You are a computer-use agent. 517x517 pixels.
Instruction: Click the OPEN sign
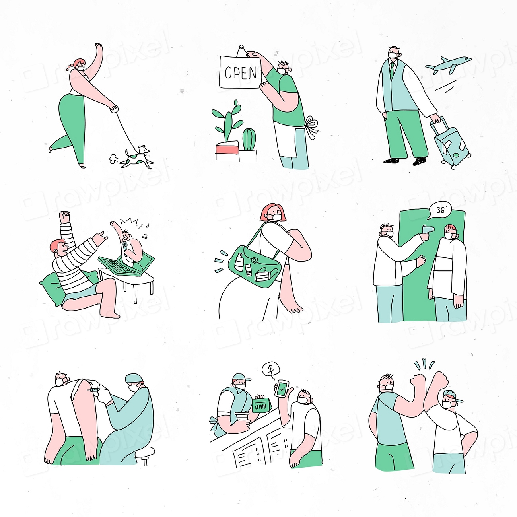click(240, 72)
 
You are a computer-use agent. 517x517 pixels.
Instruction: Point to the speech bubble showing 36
click(441, 210)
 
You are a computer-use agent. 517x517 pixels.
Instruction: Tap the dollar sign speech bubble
click(271, 370)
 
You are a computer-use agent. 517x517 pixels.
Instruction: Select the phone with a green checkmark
click(282, 389)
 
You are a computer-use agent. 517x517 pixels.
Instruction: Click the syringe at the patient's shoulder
click(94, 389)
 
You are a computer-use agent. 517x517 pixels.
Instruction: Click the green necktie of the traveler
click(392, 71)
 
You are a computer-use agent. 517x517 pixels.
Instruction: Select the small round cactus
click(249, 139)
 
